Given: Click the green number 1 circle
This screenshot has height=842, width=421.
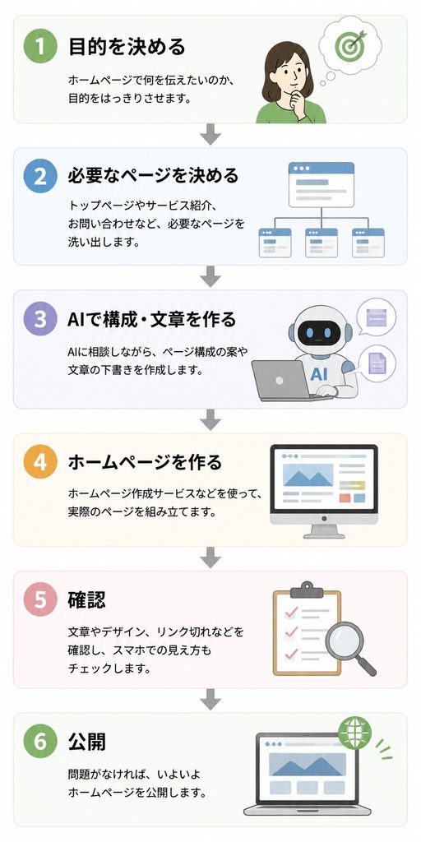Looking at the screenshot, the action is click(40, 46).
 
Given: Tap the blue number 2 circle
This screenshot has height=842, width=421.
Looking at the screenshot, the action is click(40, 177).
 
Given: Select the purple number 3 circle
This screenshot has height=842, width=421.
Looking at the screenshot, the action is click(40, 319).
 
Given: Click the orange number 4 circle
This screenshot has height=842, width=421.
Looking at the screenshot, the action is click(40, 462).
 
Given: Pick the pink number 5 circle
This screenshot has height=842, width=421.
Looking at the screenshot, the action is click(40, 599).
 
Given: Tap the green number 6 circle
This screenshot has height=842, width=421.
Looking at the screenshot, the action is click(40, 742).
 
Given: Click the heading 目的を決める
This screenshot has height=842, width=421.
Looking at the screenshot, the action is click(127, 47).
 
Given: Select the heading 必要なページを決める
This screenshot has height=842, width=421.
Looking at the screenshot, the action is click(153, 176).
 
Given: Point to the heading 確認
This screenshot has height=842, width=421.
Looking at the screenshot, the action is click(87, 599).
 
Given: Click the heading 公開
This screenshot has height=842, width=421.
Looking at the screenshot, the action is click(87, 742).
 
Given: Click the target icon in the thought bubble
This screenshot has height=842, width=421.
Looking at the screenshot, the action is click(349, 44).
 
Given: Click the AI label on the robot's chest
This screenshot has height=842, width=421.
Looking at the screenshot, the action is click(319, 373).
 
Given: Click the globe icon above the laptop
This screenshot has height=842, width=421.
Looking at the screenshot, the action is click(355, 733).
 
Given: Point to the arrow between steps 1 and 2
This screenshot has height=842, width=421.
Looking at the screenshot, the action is click(210, 134).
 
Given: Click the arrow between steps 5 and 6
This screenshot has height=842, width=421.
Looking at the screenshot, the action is click(210, 700).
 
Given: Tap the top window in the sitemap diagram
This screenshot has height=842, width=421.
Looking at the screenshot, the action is click(322, 185).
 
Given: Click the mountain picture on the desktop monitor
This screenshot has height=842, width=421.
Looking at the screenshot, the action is click(308, 474).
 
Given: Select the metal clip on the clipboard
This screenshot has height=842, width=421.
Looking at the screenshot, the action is click(307, 590).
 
